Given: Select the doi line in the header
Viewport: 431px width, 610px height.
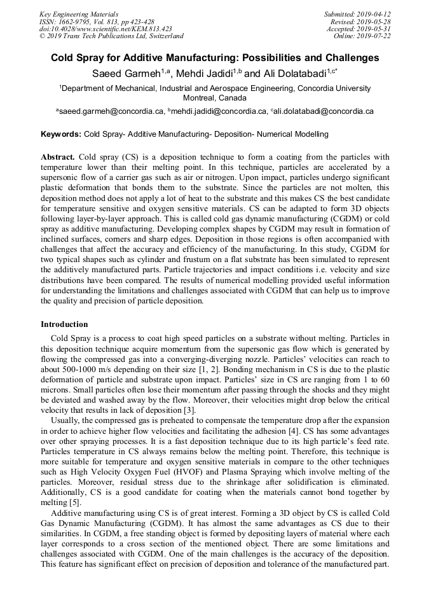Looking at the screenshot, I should pyautogui.click(x=106, y=29).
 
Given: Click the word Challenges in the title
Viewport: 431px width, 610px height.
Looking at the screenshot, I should pyautogui.click(x=348, y=58).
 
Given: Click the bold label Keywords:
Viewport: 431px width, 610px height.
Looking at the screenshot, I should pyautogui.click(x=61, y=134).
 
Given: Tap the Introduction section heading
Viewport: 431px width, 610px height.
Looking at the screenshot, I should pyautogui.click(x=64, y=324).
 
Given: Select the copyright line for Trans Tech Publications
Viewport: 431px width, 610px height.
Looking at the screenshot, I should pyautogui.click(x=111, y=36).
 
